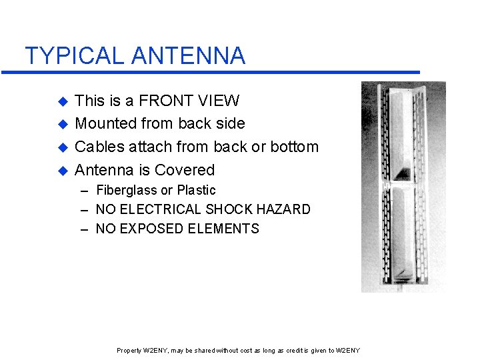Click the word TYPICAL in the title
click(x=75, y=55)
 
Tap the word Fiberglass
click(x=127, y=191)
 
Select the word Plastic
click(x=197, y=191)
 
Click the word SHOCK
click(x=221, y=209)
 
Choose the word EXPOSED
click(x=153, y=229)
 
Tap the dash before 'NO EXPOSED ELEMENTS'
click(x=84, y=229)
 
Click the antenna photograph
click(x=403, y=187)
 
